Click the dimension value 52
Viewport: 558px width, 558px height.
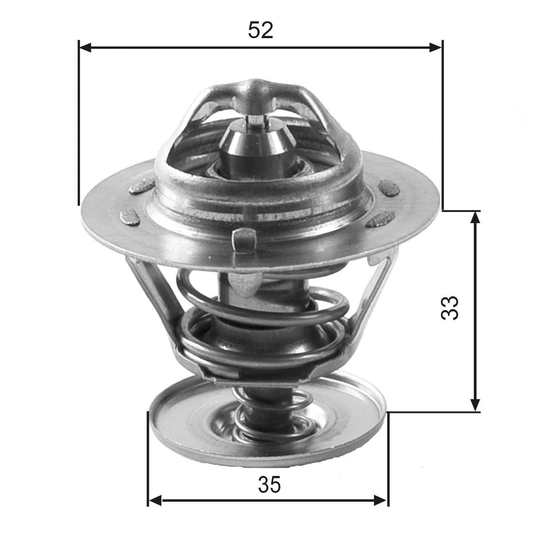click(260, 30)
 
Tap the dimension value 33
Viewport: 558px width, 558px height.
click(450, 307)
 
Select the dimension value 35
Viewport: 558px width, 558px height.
click(270, 485)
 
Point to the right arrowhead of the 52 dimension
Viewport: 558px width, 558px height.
click(436, 48)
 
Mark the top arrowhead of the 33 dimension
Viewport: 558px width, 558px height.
click(475, 218)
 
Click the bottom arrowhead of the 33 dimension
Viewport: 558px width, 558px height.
click(475, 405)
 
